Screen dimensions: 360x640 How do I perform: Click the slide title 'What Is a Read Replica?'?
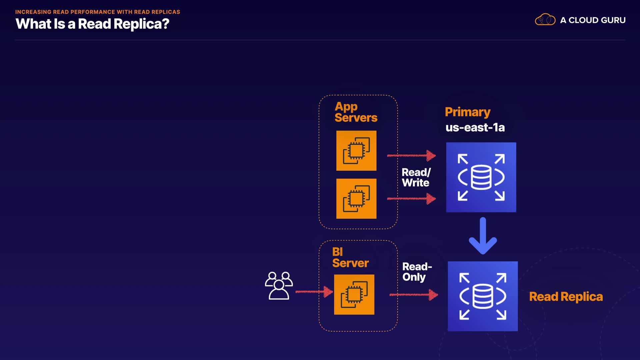coord(92,24)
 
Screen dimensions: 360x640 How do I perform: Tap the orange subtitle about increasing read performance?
coord(98,12)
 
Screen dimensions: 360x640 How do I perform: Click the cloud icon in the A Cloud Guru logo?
coord(545,20)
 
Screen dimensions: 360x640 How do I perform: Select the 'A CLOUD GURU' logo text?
coord(593,20)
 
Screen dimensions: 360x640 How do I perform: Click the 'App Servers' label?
coord(356,112)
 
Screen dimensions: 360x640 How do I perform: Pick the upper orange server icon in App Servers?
coord(356,151)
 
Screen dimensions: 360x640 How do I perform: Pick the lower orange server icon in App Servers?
coord(356,199)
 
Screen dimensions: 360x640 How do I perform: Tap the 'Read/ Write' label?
coord(416,177)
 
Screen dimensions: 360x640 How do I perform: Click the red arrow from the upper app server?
coord(411,155)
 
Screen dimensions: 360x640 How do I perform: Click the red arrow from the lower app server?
coord(411,199)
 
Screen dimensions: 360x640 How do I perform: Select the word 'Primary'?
coord(467,112)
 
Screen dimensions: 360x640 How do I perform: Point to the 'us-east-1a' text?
coord(475,127)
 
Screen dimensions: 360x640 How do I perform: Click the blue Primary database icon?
coord(481,177)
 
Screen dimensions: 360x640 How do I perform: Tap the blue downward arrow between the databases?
coord(483,236)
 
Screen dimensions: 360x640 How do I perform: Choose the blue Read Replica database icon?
coord(483,296)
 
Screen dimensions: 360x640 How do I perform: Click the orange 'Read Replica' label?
coord(566,297)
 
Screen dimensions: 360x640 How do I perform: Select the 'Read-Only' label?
coord(417,272)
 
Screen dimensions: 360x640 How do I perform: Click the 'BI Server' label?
coord(350,258)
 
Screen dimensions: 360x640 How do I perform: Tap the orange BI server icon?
coord(354,295)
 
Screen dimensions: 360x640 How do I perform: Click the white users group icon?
coord(279,286)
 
